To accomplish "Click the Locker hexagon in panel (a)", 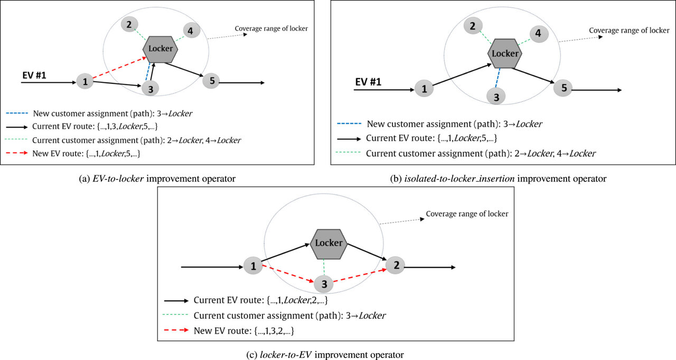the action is (x=160, y=49).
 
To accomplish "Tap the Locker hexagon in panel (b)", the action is (x=505, y=53).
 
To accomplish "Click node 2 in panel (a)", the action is (x=129, y=24).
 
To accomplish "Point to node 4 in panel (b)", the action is (x=539, y=34).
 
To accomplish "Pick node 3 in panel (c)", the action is (x=324, y=284).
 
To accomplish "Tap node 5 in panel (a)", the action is (x=211, y=81).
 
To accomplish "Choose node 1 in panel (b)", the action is (x=424, y=89).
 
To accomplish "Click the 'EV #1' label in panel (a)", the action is (x=34, y=75).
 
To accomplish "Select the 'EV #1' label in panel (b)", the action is (x=368, y=82).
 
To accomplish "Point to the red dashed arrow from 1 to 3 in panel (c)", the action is (x=288, y=274).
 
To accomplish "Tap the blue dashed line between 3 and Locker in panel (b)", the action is (x=497, y=78).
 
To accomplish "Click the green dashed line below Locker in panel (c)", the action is (x=324, y=267).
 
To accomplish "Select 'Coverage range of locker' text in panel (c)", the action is (x=467, y=214).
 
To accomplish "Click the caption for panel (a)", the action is (x=157, y=179).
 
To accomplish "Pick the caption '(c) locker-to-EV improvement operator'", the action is (x=325, y=355).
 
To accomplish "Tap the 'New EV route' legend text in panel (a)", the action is (x=86, y=154).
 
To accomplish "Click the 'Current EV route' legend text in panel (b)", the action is (x=431, y=138).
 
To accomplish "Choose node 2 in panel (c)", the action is (x=396, y=266).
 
